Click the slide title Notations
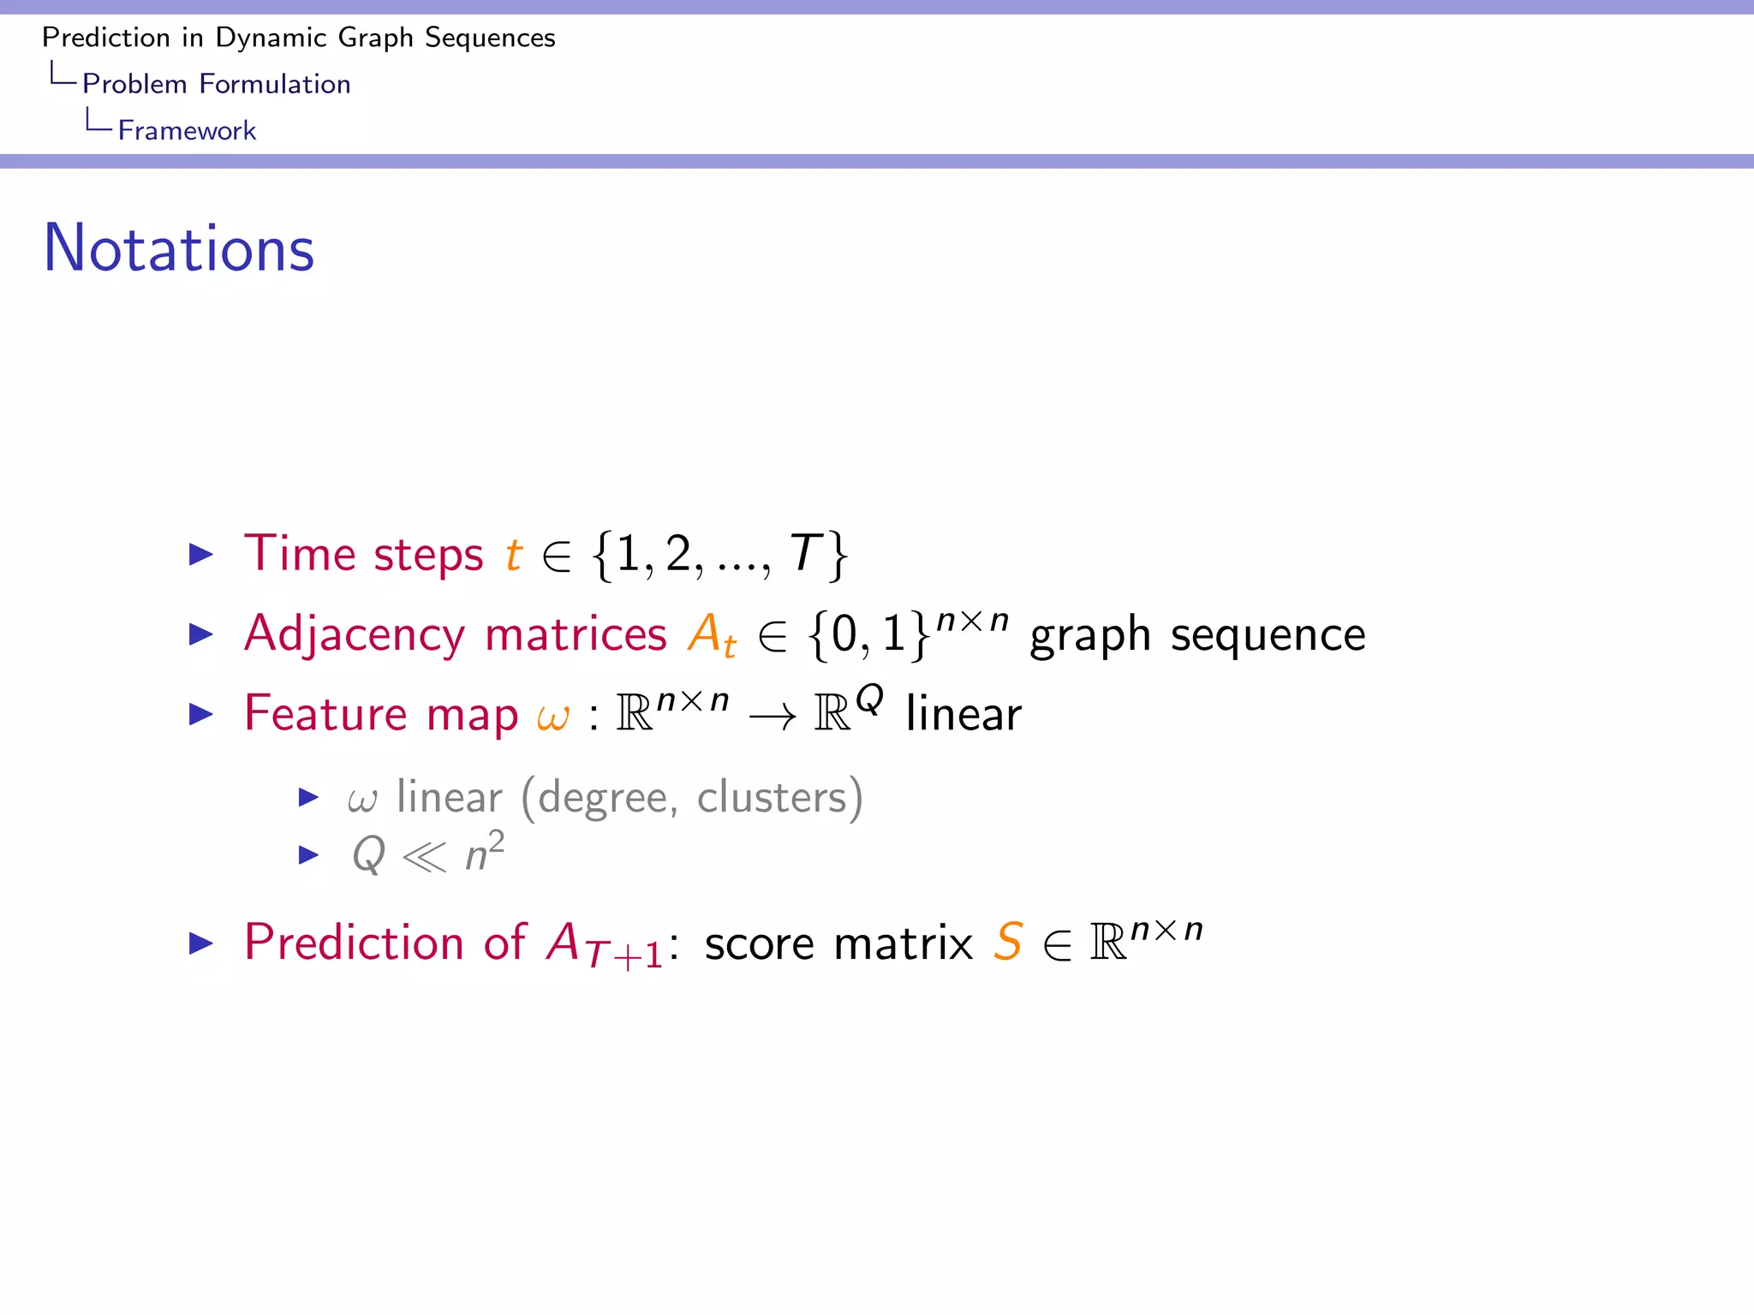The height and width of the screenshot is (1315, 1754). [179, 248]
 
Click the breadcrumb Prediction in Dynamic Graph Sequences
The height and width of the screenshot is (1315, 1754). [298, 38]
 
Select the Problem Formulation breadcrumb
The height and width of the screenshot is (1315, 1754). [216, 84]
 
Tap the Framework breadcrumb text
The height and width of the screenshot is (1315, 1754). [187, 130]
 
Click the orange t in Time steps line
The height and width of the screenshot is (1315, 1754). [513, 554]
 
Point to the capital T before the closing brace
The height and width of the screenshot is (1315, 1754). [805, 554]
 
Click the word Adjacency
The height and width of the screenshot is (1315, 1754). [354, 635]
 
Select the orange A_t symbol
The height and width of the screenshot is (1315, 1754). [711, 635]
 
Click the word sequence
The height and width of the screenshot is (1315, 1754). [1268, 635]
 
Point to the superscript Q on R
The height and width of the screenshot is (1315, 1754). [869, 699]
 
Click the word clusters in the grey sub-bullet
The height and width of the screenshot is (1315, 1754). [772, 798]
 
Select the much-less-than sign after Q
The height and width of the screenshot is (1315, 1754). [424, 856]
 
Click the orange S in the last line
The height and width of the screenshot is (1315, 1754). [1008, 943]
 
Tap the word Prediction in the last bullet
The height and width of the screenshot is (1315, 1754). [354, 943]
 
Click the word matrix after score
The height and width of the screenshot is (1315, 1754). [903, 943]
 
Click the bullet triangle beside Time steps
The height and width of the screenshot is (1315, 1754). [200, 555]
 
